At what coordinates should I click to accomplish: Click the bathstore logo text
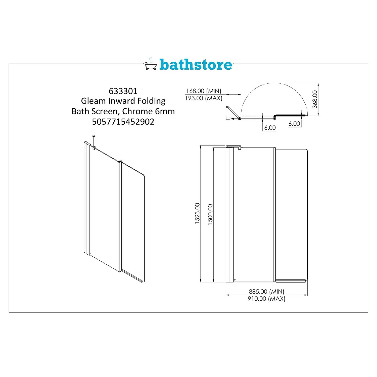196,65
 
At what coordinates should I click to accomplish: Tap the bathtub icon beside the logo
151,65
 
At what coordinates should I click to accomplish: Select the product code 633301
123,91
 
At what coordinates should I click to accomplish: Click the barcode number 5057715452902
123,122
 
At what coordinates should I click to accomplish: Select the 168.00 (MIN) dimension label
204,91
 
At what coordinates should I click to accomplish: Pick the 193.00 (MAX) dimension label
204,98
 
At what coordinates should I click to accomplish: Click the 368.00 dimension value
315,99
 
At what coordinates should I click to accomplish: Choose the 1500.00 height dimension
210,214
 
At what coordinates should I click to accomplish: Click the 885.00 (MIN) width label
266,291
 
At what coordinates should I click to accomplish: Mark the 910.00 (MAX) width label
266,299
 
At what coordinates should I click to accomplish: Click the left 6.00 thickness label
270,128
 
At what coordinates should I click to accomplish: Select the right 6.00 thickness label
294,124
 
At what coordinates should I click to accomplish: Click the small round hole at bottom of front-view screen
235,279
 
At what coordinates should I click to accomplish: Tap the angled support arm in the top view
232,112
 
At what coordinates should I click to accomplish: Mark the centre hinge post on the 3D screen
120,216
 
